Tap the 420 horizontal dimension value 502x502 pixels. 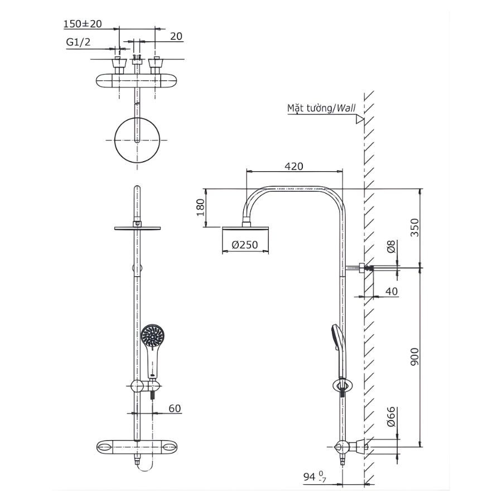(294, 166)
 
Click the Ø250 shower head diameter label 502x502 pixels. (245, 244)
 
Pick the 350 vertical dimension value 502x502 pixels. (414, 228)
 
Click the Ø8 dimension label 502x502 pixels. (391, 247)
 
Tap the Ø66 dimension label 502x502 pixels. (391, 417)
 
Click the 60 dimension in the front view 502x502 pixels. (175, 408)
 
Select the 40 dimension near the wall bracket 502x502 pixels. (391, 291)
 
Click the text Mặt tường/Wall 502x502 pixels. (321, 108)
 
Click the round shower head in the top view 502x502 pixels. (137, 140)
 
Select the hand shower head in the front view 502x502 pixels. (152, 337)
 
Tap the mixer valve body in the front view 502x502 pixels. (137, 447)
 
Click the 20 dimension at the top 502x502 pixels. (176, 36)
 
